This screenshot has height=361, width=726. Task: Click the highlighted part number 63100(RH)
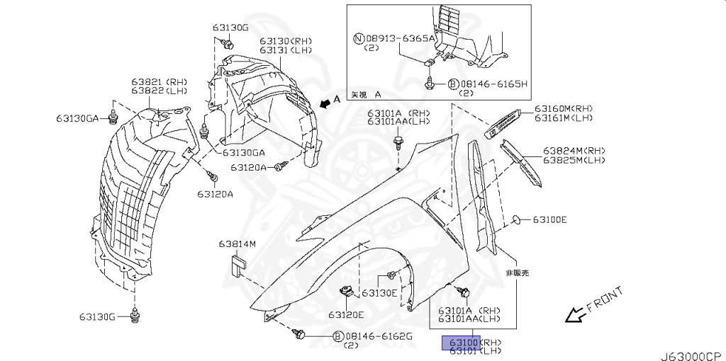point(471,342)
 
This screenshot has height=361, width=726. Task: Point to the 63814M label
point(237,245)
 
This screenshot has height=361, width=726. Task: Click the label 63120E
point(346,314)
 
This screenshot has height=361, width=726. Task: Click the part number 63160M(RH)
point(563,108)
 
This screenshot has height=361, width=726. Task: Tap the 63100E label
point(550,219)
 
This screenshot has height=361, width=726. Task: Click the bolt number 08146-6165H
point(493,84)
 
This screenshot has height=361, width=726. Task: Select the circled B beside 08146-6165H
point(451,84)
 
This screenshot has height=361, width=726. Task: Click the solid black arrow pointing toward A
point(325,103)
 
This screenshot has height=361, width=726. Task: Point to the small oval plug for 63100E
point(518,219)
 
